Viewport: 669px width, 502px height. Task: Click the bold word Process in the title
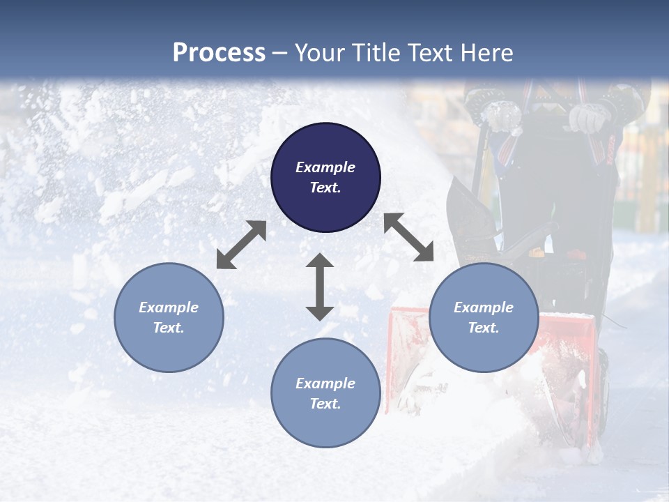[x=219, y=53]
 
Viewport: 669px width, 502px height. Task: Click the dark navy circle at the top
[x=325, y=178]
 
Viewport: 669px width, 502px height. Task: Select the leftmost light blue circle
[x=169, y=317]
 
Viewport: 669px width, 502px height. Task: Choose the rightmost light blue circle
[x=484, y=317]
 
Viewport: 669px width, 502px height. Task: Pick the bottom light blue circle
[x=325, y=393]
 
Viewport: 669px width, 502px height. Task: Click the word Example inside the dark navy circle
[x=325, y=167]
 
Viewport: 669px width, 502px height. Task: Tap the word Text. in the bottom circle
[x=325, y=404]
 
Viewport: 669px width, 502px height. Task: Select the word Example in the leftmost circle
[x=169, y=307]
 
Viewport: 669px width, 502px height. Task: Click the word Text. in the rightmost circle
[x=484, y=328]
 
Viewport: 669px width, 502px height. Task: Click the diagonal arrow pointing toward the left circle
[x=241, y=245]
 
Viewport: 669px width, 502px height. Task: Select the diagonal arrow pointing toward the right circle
[x=408, y=237]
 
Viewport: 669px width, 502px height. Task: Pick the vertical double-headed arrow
[x=320, y=287]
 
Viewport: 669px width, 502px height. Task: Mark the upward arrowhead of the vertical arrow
[x=320, y=261]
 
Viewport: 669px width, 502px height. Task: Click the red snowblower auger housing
[x=411, y=363]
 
